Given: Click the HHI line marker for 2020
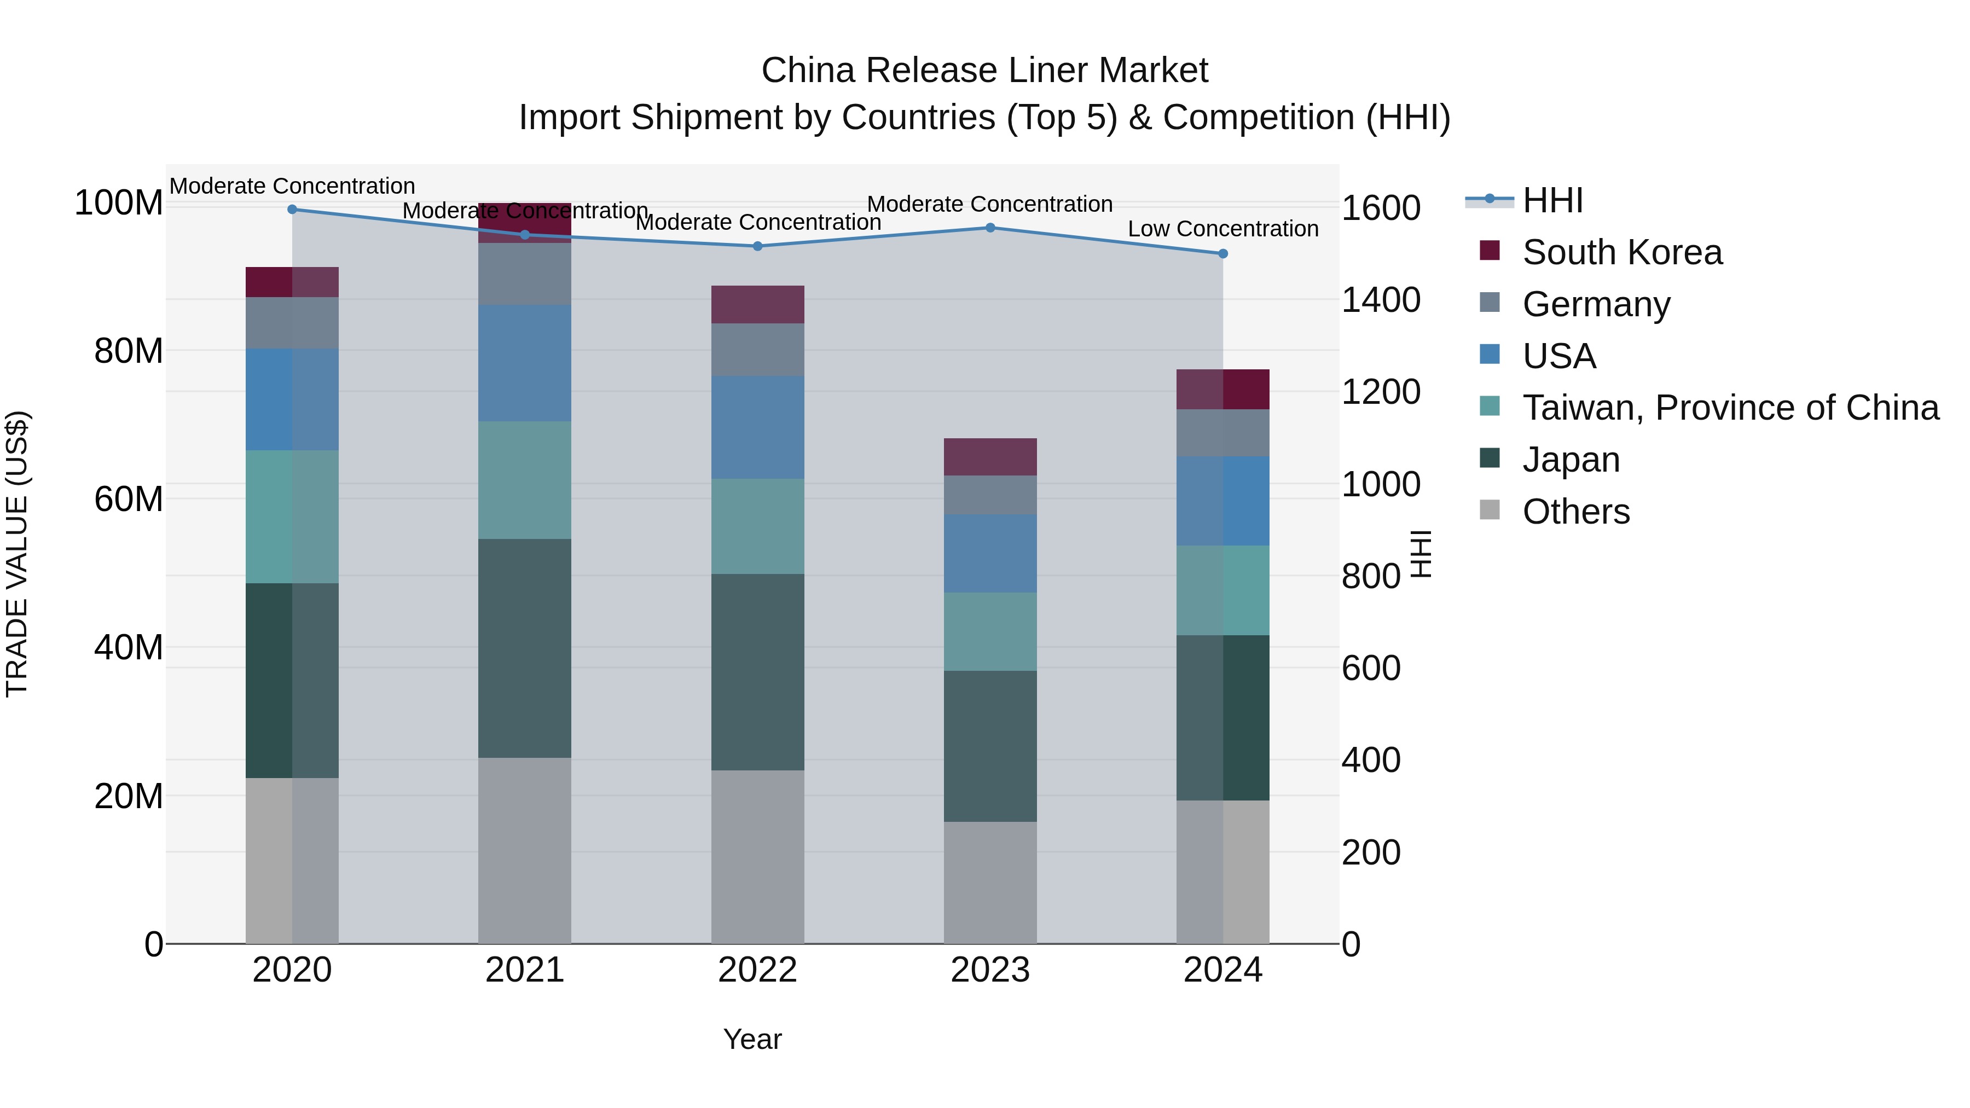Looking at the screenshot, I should (292, 209).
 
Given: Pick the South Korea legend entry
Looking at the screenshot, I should (1621, 252).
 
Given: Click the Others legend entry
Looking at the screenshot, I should (1575, 512).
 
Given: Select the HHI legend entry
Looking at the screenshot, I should (1552, 200).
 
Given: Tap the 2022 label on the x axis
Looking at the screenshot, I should (757, 970).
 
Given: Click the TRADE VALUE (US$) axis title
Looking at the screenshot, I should (17, 554).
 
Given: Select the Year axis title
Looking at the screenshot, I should (752, 1039).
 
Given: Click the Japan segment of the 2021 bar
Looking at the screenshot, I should (525, 648).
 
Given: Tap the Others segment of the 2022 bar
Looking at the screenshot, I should (757, 856).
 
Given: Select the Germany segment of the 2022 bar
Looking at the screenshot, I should (757, 350).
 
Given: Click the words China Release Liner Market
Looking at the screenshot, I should (984, 71).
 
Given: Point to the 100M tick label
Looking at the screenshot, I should (119, 204).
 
